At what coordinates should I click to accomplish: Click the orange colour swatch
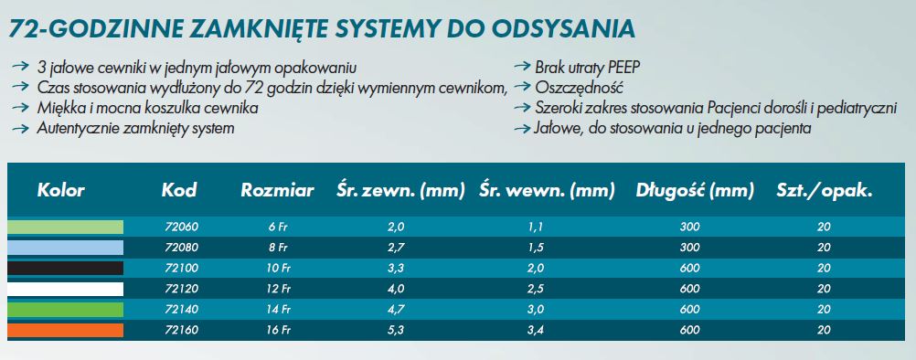[65, 330]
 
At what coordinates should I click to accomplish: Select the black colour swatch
[65, 268]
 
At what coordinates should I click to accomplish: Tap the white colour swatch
[65, 289]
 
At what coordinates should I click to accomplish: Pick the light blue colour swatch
[65, 248]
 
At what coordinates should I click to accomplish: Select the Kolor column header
[61, 191]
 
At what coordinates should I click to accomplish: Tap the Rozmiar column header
[277, 191]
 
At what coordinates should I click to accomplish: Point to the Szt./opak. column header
[824, 191]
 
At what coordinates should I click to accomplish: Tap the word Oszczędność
[578, 88]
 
